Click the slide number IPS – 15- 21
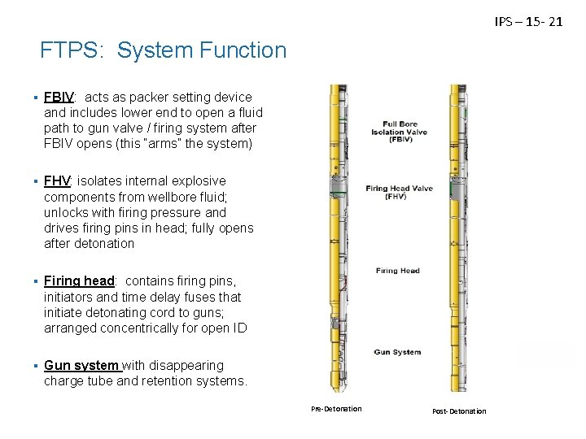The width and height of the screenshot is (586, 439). point(528,22)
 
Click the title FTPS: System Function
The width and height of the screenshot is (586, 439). point(164,51)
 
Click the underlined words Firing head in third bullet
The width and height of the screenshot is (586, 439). point(79,281)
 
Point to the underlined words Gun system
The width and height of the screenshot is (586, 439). point(82,365)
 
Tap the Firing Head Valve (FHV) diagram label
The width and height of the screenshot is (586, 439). point(399,193)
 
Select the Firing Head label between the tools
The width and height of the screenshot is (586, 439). point(398,271)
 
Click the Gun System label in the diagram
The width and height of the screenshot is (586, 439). point(397,352)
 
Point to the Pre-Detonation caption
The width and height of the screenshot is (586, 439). point(336,408)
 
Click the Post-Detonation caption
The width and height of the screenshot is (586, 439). point(460,411)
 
